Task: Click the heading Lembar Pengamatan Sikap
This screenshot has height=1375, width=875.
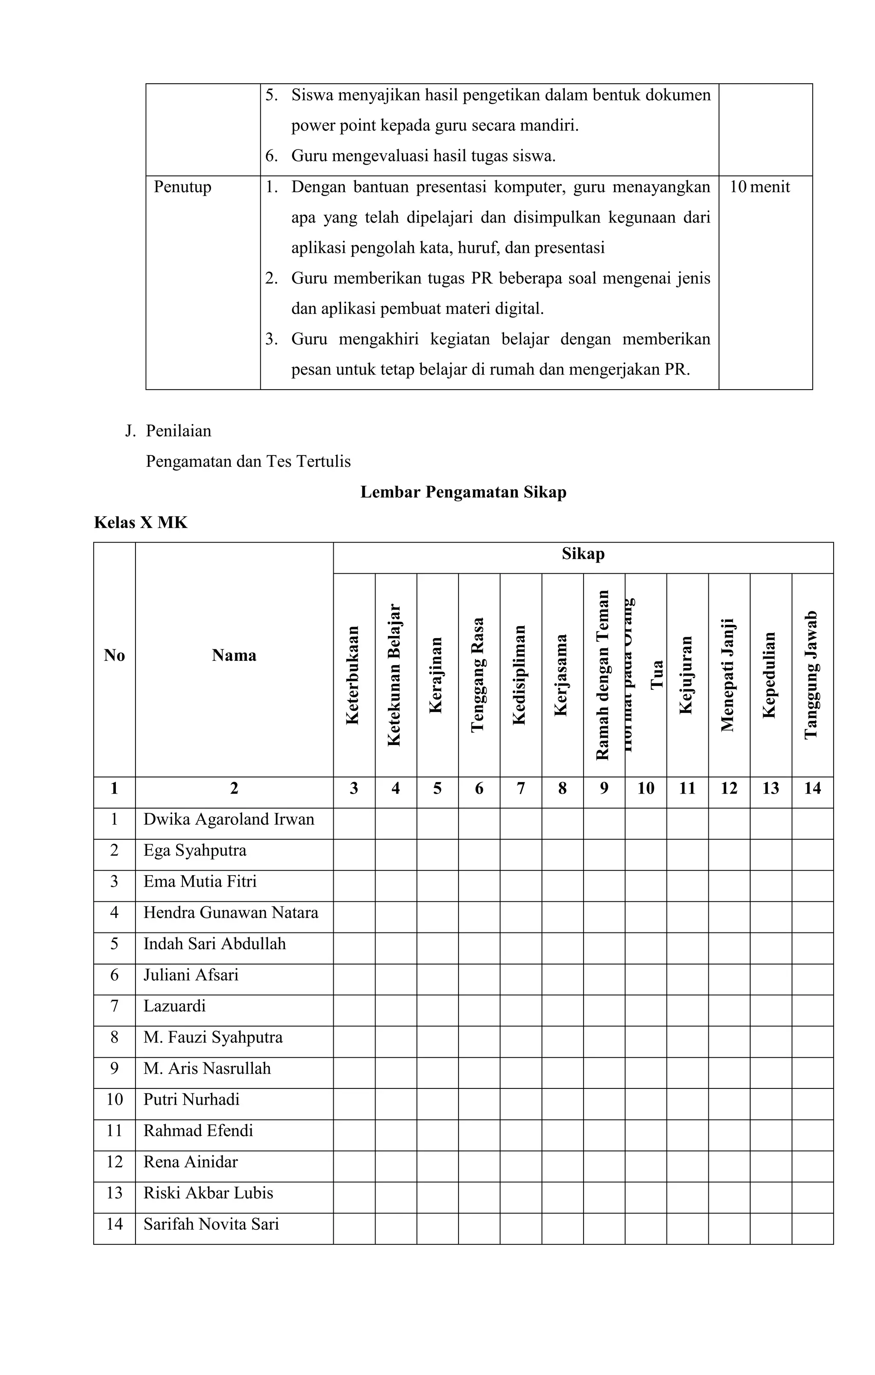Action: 463,492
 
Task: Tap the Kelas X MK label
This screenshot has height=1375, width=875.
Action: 141,522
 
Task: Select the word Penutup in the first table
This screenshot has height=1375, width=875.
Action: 182,187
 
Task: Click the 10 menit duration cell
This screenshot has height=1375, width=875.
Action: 760,187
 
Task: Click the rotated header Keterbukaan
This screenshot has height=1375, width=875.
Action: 353,675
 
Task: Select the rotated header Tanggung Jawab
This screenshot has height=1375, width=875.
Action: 812,675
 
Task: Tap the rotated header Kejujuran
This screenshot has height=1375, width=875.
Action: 687,675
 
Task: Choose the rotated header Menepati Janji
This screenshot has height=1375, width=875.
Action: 728,675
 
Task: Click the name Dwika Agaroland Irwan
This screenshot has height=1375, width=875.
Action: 229,819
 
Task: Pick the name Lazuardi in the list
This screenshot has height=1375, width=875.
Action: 174,1006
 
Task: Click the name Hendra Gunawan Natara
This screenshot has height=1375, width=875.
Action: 230,912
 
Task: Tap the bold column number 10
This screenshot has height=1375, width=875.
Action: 646,789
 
